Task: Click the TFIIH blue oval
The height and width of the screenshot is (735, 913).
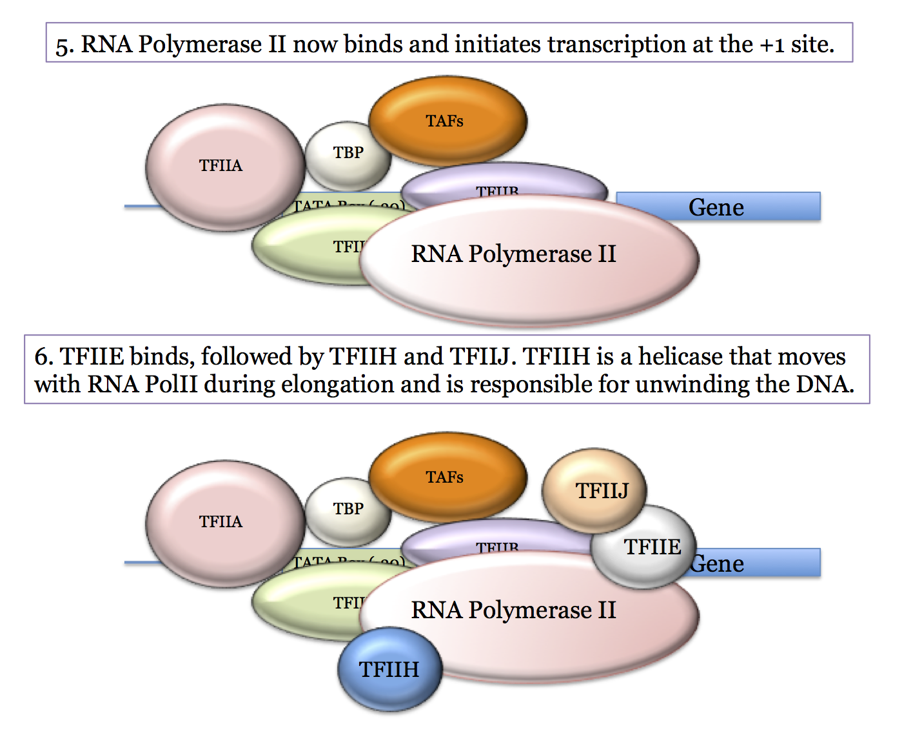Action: coord(389,669)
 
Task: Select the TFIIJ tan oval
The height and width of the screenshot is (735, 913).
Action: coord(594,490)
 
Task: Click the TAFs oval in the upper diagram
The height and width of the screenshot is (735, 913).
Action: coord(447,121)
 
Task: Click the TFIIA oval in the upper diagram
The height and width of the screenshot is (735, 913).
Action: coord(221,166)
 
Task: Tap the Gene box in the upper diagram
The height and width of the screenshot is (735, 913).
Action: coord(717,207)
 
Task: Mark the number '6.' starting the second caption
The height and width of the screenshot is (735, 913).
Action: coord(43,356)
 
